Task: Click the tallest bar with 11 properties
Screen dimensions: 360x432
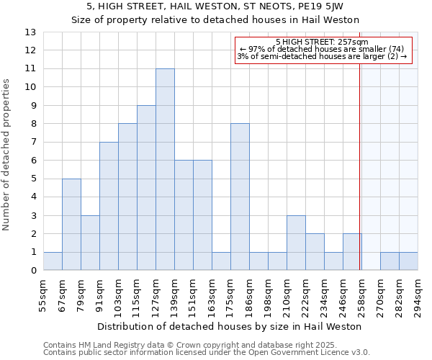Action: (165, 169)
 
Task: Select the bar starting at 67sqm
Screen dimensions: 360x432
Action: (71, 224)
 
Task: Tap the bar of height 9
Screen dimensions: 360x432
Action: (146, 188)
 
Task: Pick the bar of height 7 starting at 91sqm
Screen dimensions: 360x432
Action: (109, 206)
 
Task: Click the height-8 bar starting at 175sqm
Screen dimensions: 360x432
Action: (240, 197)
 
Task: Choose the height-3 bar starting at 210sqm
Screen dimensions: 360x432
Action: (296, 243)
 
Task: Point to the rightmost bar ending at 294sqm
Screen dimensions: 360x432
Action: (408, 261)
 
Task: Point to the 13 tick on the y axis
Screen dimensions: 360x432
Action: (30, 32)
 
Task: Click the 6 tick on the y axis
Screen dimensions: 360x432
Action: (33, 161)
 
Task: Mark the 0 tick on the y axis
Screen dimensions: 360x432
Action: (33, 271)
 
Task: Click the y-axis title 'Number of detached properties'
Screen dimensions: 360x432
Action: (8, 156)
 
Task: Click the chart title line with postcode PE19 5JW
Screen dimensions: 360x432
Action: (215, 6)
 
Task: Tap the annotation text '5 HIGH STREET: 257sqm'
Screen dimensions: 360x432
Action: (322, 42)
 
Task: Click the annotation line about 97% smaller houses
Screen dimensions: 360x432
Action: (322, 49)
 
